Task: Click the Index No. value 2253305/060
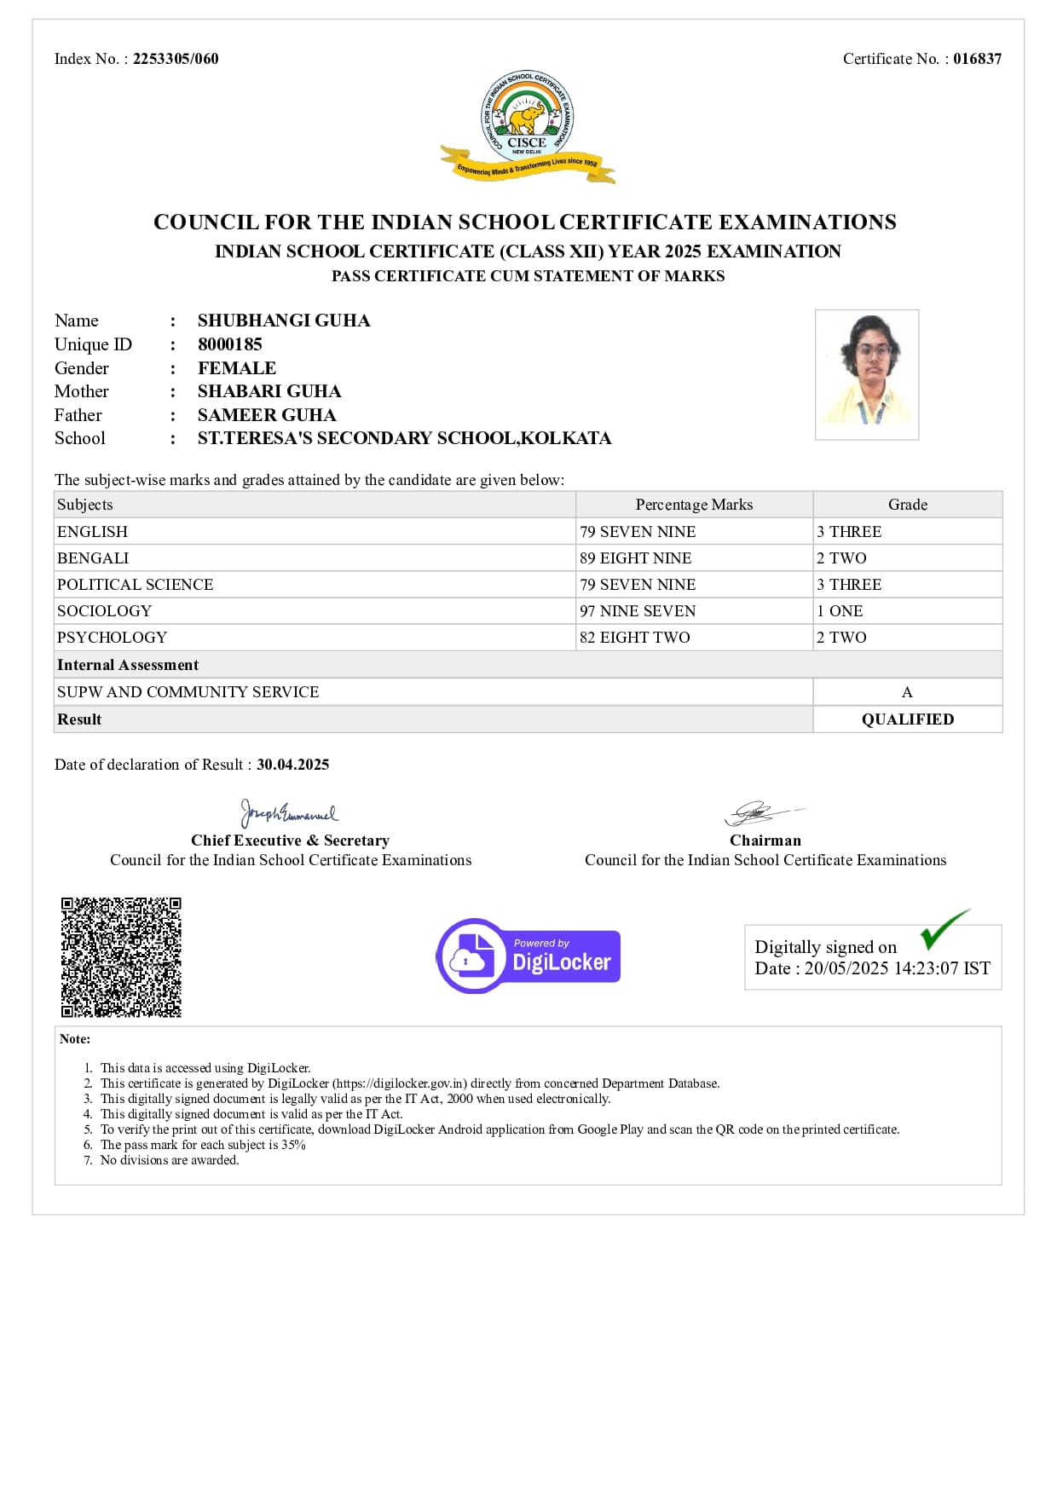(x=176, y=59)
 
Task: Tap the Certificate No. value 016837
(x=977, y=59)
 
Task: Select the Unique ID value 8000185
(x=230, y=344)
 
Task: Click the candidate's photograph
(x=866, y=374)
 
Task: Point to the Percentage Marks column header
(x=694, y=505)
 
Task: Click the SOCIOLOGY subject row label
(x=104, y=611)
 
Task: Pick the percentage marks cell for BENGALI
(x=636, y=558)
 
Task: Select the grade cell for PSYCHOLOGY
(x=841, y=638)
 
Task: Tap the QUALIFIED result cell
(x=907, y=719)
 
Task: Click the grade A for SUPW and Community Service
(x=907, y=692)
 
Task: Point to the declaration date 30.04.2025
(x=292, y=765)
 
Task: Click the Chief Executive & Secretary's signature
(x=288, y=813)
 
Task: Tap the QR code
(x=121, y=956)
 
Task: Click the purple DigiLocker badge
(x=528, y=956)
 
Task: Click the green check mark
(x=944, y=930)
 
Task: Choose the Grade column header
(x=907, y=505)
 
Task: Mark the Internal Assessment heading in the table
(x=128, y=665)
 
